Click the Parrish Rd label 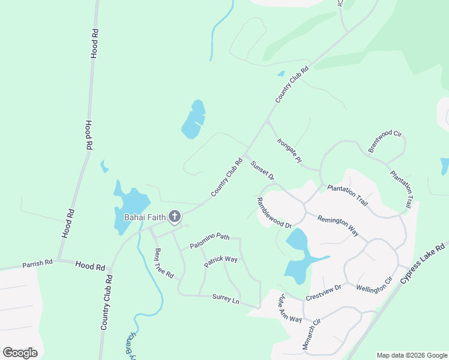point(38,263)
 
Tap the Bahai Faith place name point(144,217)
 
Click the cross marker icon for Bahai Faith point(175,216)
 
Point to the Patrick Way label point(220,262)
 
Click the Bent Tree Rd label point(164,263)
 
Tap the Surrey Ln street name point(226,298)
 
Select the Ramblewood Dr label point(274,213)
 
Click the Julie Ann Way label point(290,308)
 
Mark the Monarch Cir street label point(310,334)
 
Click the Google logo point(20,353)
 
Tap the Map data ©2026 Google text point(411,355)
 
